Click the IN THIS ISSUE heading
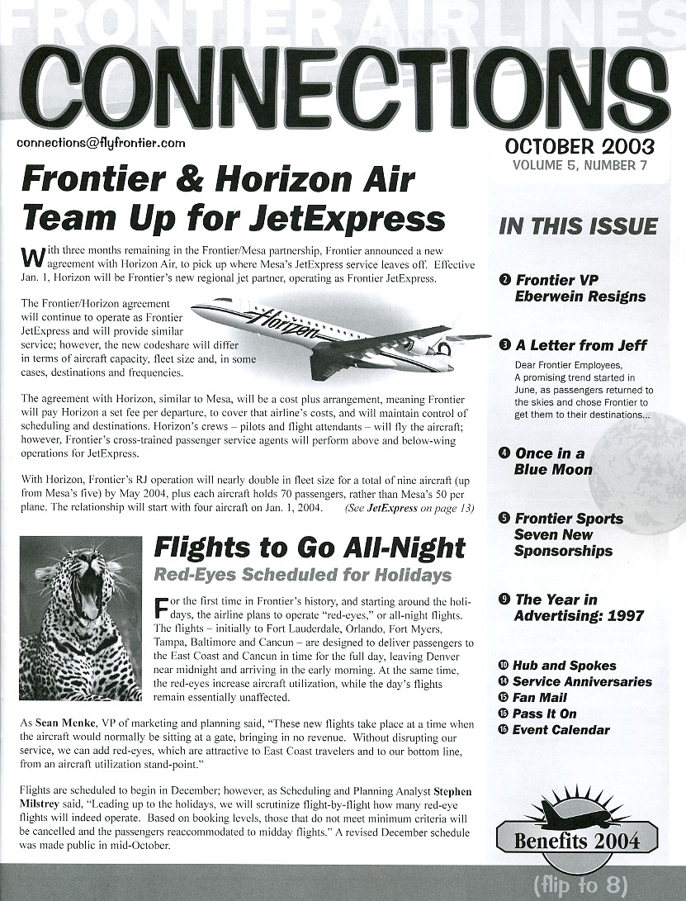pyautogui.click(x=578, y=226)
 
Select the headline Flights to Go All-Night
pyautogui.click(x=310, y=548)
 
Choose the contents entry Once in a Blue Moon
pyautogui.click(x=553, y=461)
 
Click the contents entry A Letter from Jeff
pyautogui.click(x=580, y=345)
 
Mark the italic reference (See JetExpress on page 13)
pyautogui.click(x=409, y=509)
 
